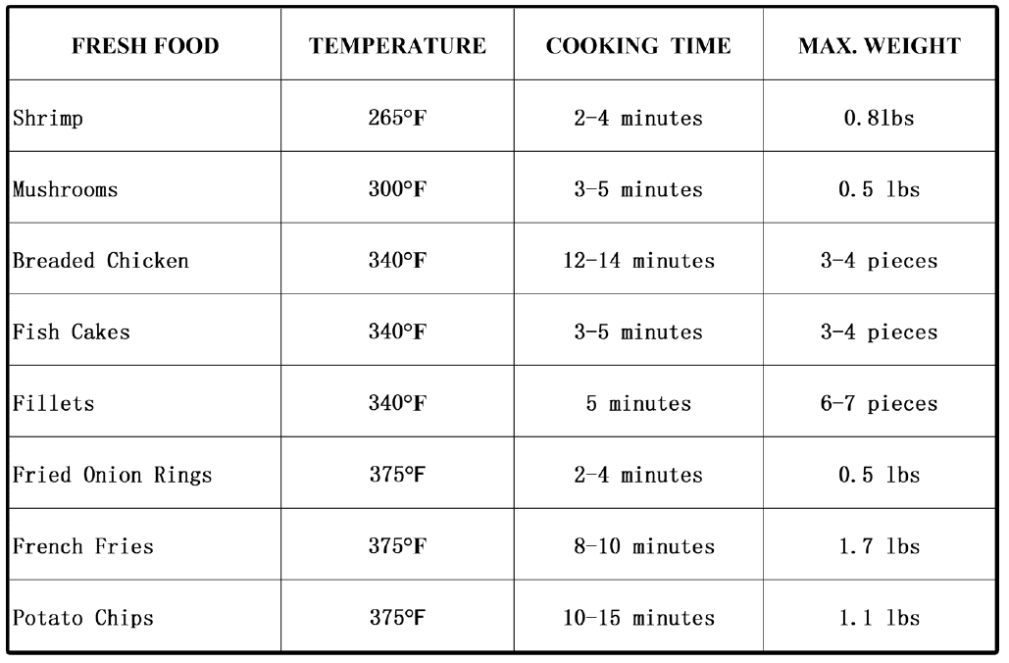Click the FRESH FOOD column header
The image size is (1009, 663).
click(x=144, y=46)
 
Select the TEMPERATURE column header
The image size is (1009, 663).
click(x=397, y=46)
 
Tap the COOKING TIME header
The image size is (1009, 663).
click(x=638, y=46)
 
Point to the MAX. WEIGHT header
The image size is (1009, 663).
click(x=880, y=46)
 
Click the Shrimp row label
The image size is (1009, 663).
click(x=48, y=119)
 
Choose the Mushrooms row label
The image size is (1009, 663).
click(x=65, y=189)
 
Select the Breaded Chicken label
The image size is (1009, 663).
click(x=100, y=261)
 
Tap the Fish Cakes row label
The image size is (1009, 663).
click(x=71, y=331)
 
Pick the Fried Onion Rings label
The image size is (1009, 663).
click(x=112, y=475)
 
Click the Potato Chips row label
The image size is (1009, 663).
click(x=82, y=618)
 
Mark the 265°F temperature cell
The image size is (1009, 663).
click(x=397, y=119)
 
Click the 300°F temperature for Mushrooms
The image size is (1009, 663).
click(x=397, y=189)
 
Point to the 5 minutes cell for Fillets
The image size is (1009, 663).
click(x=638, y=403)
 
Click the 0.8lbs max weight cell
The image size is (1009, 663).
click(x=880, y=119)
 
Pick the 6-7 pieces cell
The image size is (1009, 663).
click(x=880, y=403)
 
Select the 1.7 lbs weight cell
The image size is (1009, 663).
click(x=880, y=546)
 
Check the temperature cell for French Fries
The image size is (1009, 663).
click(x=397, y=546)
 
